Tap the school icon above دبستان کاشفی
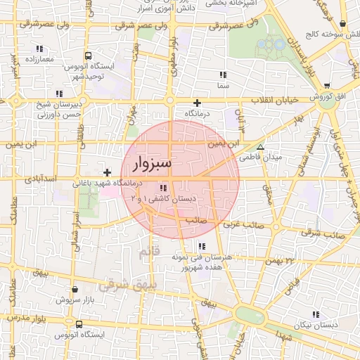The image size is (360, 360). click(x=164, y=188)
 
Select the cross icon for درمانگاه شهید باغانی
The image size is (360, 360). click(x=106, y=172)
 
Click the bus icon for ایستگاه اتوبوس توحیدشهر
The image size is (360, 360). click(x=87, y=56)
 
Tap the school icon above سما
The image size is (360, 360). click(x=223, y=75)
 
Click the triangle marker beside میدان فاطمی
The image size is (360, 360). click(x=261, y=148)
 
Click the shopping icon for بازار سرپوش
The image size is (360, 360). click(x=75, y=289)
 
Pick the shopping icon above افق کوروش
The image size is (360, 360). click(x=327, y=85)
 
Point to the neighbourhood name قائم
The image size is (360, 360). click(x=150, y=250)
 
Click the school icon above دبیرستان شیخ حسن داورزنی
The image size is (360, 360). click(x=58, y=93)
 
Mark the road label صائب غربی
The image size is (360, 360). click(x=241, y=225)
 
